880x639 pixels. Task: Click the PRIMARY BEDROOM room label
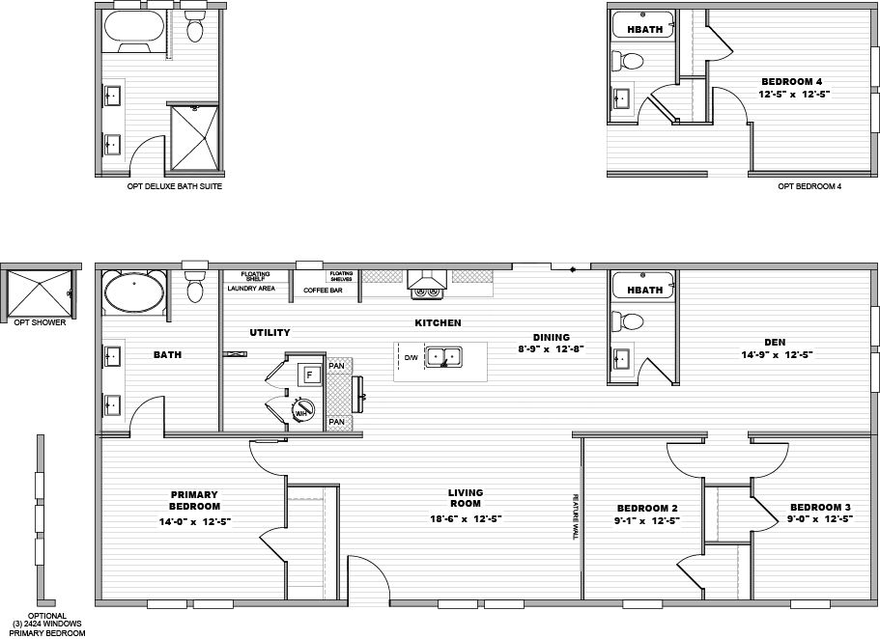tap(195, 500)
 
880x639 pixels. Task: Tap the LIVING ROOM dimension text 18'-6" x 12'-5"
tap(465, 518)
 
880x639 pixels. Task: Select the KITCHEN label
tap(438, 322)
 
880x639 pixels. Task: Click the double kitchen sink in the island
tap(445, 356)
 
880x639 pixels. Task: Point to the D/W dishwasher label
tap(411, 357)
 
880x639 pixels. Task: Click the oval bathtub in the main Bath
tap(133, 292)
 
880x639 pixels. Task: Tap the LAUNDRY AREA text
tap(251, 289)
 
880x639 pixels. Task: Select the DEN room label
tap(775, 341)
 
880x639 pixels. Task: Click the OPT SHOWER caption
tap(40, 322)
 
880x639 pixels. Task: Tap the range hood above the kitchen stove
tap(425, 282)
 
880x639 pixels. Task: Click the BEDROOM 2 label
tap(647, 508)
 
